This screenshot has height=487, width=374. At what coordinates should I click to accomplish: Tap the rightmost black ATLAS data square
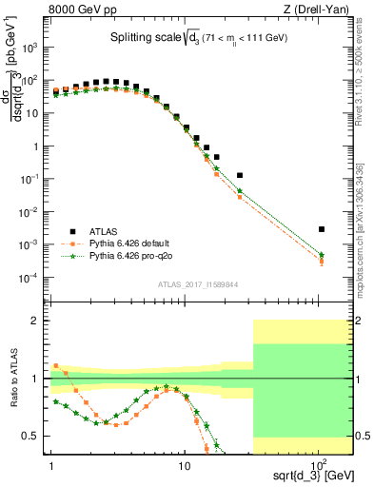[322, 229]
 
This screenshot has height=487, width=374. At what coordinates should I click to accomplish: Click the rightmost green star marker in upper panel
[322, 254]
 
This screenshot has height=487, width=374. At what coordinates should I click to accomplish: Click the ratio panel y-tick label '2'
[37, 321]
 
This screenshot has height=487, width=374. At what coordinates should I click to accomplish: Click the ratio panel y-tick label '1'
[37, 379]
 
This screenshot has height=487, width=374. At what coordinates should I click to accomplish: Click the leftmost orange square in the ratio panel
[55, 365]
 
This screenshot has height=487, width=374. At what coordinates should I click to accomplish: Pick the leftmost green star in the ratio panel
[55, 401]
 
